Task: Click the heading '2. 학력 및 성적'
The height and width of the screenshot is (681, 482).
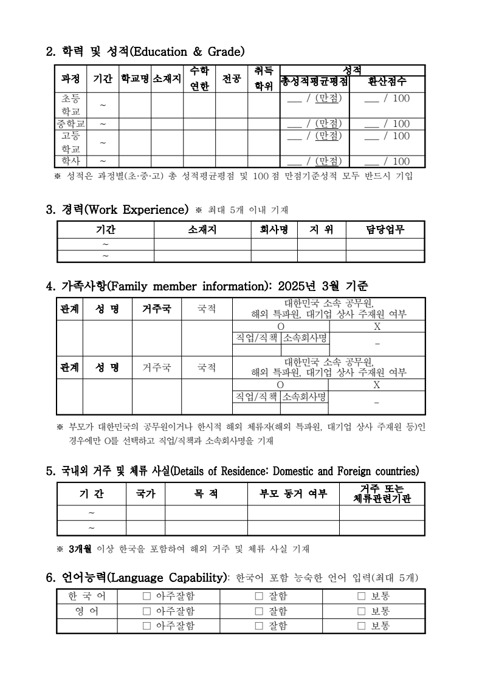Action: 145,50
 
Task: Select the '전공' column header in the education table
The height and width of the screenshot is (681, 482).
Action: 231,79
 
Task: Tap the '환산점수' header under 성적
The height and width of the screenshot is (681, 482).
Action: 387,81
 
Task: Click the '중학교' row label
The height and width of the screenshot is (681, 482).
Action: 71,124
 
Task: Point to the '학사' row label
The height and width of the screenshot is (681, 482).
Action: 71,161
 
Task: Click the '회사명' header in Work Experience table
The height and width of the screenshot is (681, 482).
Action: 274,230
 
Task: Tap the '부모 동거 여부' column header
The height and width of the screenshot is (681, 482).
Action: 293,494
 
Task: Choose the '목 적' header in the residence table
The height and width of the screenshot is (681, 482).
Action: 206,494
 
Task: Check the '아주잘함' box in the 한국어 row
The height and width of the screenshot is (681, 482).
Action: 146,597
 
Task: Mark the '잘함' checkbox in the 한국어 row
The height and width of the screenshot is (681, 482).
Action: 258,597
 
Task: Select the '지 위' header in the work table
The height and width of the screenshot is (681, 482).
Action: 322,230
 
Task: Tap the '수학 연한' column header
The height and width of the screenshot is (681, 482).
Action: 199,79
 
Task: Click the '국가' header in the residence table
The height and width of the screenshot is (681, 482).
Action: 145,494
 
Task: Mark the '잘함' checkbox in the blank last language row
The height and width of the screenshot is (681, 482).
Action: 258,626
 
